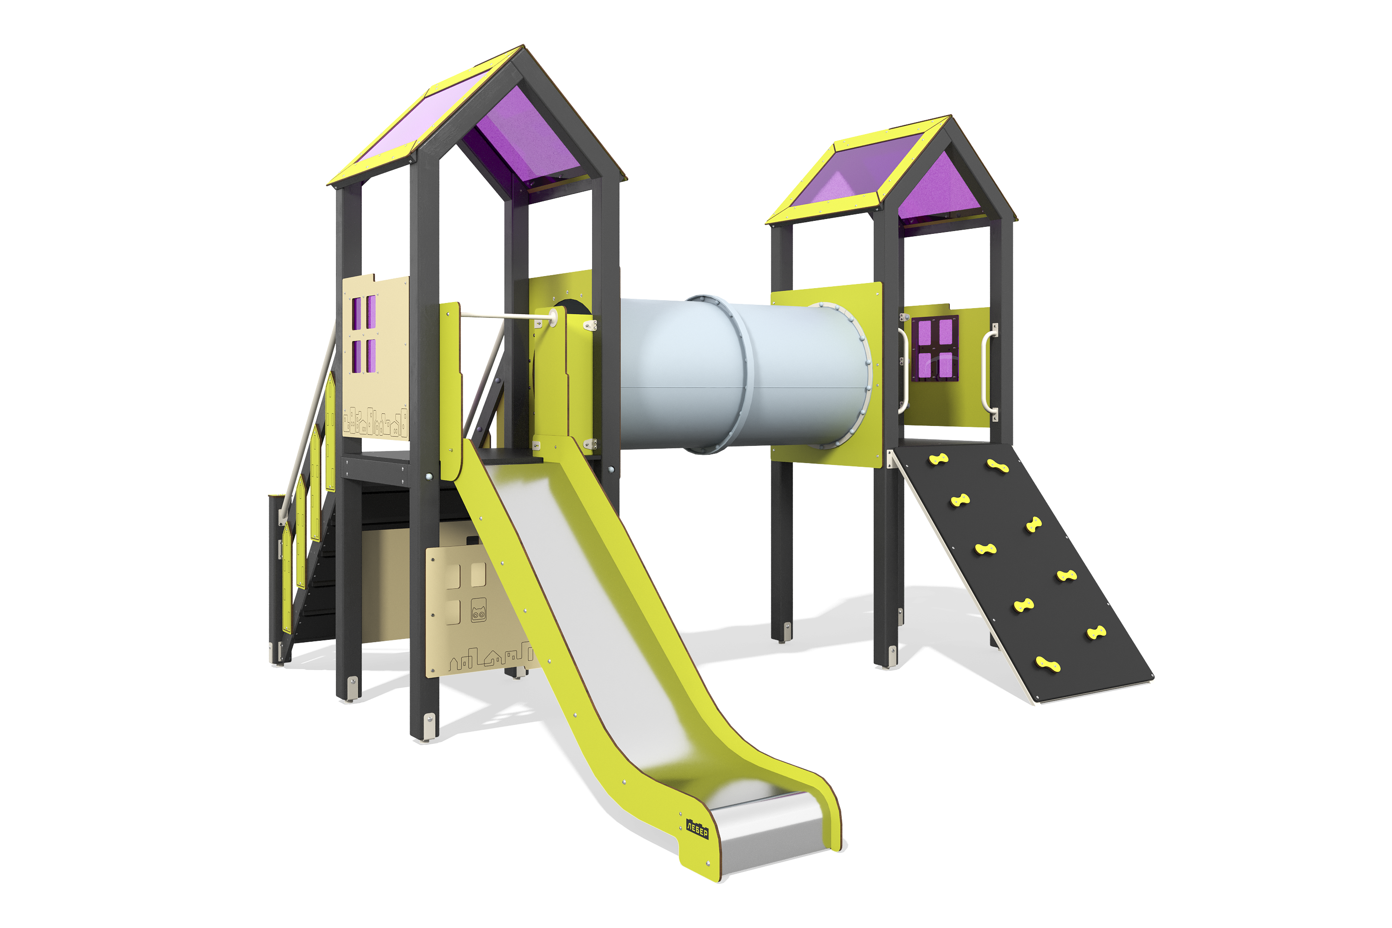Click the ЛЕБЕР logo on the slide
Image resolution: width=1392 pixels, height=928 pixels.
pos(697,829)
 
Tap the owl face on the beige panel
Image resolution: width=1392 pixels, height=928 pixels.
pos(479,610)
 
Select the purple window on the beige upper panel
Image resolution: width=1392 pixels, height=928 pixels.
pos(364,335)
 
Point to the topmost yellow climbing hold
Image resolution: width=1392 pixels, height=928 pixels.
pos(939,459)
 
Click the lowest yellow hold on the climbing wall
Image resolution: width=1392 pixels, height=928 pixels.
pos(1048,664)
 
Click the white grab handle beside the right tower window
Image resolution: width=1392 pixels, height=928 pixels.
pos(986,371)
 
